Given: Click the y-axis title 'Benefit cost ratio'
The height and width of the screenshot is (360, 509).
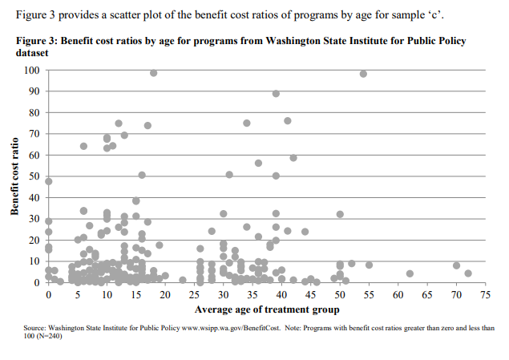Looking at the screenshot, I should [14, 175].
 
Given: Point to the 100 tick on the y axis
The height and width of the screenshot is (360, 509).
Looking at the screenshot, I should [32, 71].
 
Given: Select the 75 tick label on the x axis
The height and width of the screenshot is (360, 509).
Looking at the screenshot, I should [485, 296].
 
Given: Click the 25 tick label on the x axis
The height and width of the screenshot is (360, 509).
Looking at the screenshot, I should [194, 296].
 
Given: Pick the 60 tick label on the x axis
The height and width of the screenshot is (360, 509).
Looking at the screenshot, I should [398, 296].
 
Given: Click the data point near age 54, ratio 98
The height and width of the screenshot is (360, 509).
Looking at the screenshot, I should [363, 74].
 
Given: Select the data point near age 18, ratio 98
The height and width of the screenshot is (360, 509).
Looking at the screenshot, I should [153, 73].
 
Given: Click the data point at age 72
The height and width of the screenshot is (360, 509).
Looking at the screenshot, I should [468, 273].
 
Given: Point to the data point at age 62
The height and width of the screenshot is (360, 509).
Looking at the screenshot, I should [410, 273].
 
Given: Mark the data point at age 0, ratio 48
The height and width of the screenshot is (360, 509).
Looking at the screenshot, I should [48, 181].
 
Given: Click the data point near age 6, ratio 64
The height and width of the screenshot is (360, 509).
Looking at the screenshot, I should [83, 146].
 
